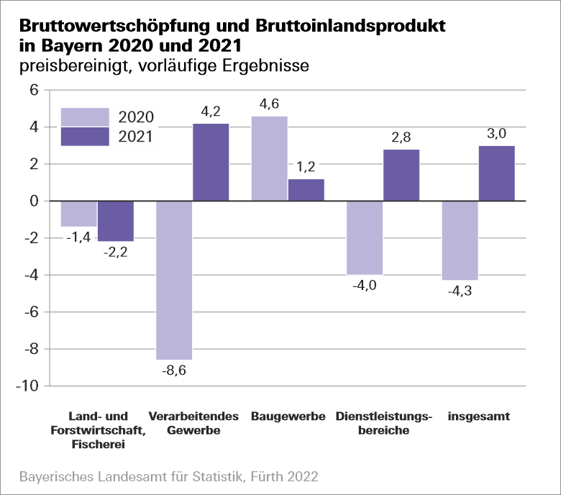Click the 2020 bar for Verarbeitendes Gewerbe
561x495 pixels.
(x=174, y=280)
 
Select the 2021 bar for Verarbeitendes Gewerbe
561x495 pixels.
(x=211, y=163)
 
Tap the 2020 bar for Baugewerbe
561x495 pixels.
(x=269, y=158)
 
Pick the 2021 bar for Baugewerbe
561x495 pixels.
(x=306, y=190)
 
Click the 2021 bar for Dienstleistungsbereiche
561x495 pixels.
(x=401, y=175)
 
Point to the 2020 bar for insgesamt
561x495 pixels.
(x=460, y=240)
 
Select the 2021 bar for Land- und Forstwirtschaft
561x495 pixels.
(x=116, y=221)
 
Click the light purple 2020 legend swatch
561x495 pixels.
(x=85, y=117)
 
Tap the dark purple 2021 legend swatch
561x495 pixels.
(x=85, y=136)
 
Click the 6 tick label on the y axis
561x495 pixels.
(x=33, y=91)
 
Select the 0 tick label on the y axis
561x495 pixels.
(x=33, y=201)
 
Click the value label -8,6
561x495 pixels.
(x=174, y=371)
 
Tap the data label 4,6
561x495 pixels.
(x=269, y=104)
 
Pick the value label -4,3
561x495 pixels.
(x=460, y=291)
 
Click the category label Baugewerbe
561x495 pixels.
(x=288, y=417)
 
